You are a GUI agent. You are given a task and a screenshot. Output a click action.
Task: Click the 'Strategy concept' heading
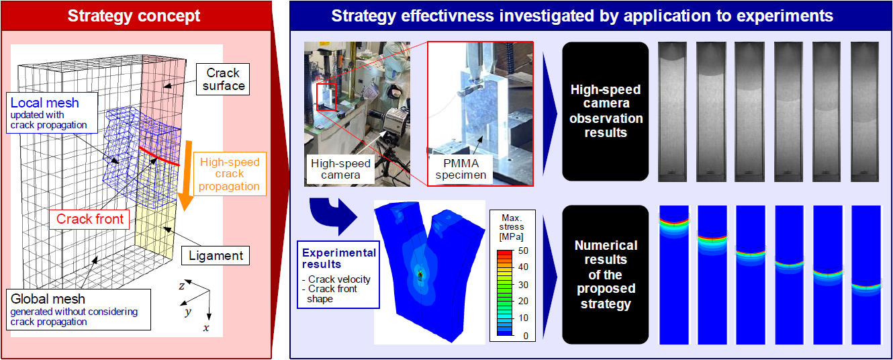point(134,16)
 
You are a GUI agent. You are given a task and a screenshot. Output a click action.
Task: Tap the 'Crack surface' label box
point(223,79)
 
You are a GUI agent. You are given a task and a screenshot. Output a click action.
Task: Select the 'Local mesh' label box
point(52,113)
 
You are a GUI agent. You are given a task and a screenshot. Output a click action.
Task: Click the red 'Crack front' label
point(89,219)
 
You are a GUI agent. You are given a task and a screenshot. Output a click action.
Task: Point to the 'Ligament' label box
point(216,255)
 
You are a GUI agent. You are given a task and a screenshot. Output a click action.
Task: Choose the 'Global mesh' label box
point(79,310)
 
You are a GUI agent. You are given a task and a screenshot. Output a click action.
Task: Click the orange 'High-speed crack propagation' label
point(230,174)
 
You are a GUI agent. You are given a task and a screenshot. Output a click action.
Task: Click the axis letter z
point(182,286)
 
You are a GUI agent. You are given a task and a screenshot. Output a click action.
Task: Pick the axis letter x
point(206,328)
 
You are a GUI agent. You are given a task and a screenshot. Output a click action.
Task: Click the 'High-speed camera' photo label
point(340,169)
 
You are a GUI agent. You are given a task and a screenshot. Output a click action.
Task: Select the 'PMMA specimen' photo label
point(461,169)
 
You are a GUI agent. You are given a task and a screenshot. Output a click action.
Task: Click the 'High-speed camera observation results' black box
point(606,111)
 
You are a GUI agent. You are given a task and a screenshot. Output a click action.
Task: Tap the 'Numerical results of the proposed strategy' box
point(606,274)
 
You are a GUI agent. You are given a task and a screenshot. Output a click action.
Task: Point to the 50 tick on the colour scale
point(523,251)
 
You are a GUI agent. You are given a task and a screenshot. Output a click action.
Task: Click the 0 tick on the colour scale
point(526,336)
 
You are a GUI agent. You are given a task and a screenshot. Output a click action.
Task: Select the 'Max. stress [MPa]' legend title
point(512,227)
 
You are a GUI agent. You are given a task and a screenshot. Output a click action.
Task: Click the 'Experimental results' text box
point(338,275)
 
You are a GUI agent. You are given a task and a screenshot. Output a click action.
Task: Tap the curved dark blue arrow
point(332,216)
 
